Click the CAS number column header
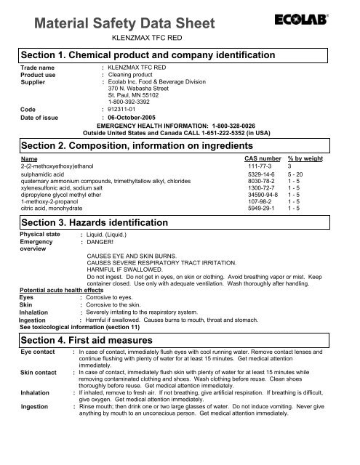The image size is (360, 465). [x=259, y=158]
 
